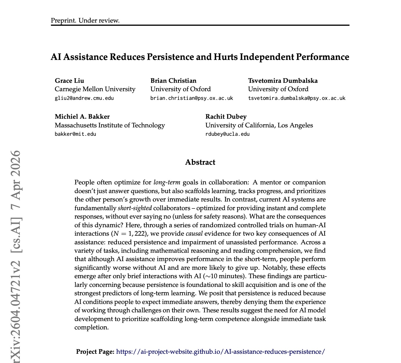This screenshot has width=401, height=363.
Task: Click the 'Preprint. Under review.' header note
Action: pyautogui.click(x=85, y=21)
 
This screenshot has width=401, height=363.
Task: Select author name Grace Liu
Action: pyautogui.click(x=69, y=81)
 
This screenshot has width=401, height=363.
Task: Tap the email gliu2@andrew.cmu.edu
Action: pyautogui.click(x=84, y=98)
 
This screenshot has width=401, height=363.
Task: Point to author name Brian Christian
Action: pyautogui.click(x=173, y=81)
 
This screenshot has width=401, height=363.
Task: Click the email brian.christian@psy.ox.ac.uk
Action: pyautogui.click(x=192, y=98)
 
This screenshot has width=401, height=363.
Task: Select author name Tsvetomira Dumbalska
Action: pyautogui.click(x=283, y=81)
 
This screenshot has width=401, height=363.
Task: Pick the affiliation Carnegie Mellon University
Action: pyautogui.click(x=95, y=89)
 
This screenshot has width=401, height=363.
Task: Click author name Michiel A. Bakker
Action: pyautogui.click(x=82, y=117)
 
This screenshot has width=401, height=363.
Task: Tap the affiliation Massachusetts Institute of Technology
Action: pyautogui.click(x=110, y=125)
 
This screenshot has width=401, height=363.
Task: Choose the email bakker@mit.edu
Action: pyautogui.click(x=75, y=134)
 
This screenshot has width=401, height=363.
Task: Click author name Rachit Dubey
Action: pyautogui.click(x=226, y=117)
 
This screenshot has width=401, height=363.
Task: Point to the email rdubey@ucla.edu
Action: pyautogui.click(x=227, y=134)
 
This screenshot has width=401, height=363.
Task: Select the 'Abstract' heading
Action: pyautogui.click(x=200, y=162)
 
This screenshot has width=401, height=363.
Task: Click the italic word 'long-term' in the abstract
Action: pyautogui.click(x=167, y=182)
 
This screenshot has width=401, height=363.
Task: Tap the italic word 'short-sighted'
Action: pyautogui.click(x=135, y=208)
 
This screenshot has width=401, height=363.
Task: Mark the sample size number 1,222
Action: pyautogui.click(x=137, y=234)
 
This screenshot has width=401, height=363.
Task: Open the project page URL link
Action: pyautogui.click(x=220, y=352)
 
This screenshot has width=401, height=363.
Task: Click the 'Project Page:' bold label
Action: pyautogui.click(x=95, y=352)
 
